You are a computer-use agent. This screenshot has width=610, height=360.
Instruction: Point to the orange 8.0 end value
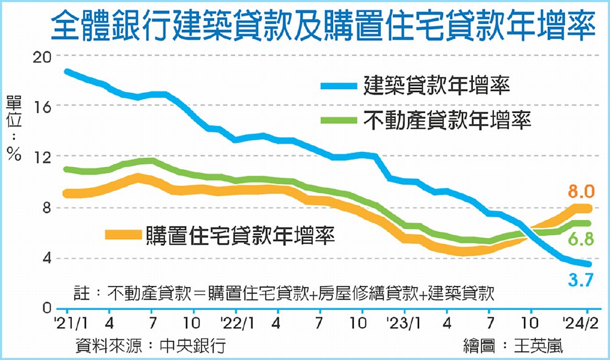[x=581, y=193]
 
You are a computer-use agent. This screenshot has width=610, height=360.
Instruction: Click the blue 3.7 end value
[x=581, y=281]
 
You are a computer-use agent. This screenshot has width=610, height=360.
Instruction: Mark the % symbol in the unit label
[x=14, y=155]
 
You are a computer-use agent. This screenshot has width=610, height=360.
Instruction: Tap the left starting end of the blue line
[x=66, y=71]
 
